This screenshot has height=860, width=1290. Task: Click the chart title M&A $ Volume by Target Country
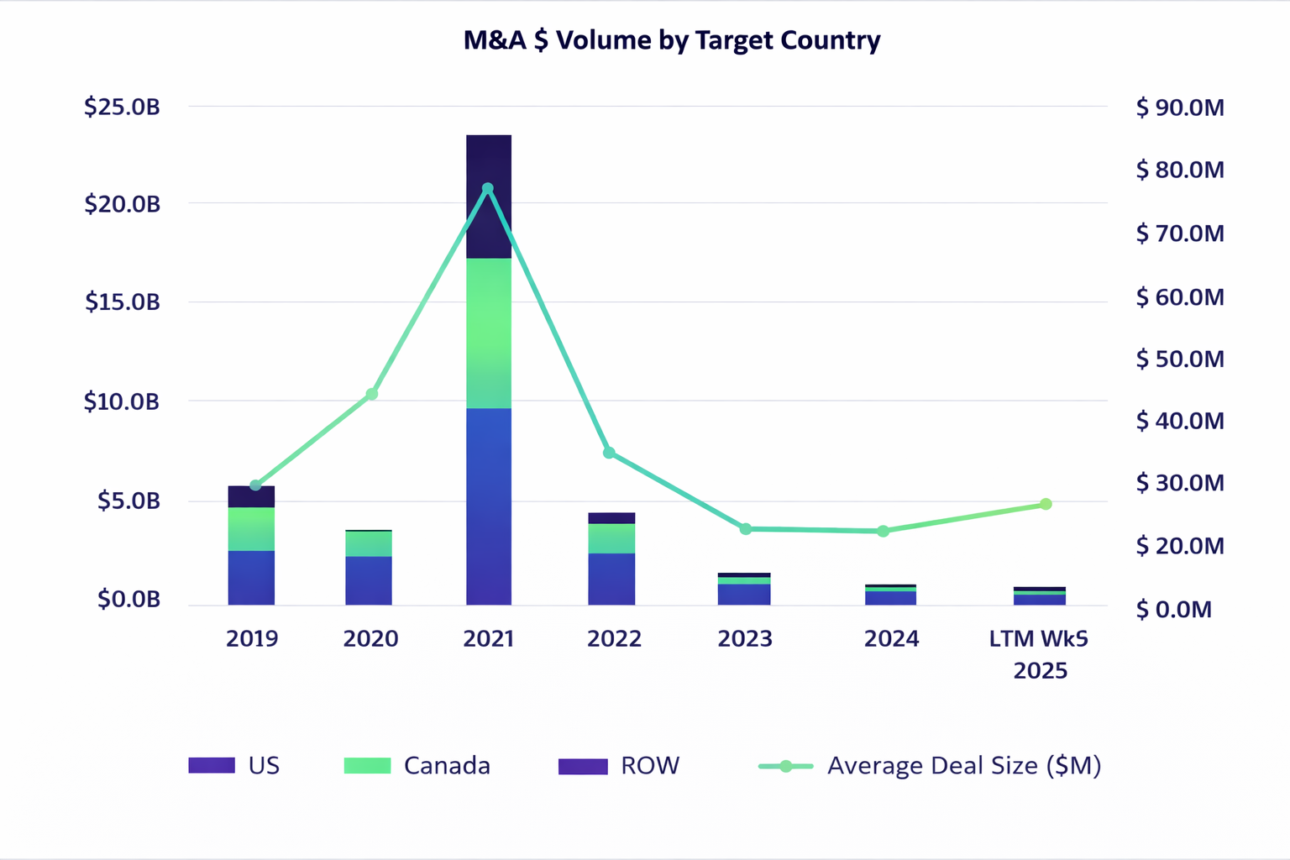point(672,40)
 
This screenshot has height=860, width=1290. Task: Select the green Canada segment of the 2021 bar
point(489,333)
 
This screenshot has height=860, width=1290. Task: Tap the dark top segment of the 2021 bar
point(489,197)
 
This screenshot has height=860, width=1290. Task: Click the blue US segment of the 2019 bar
point(251,577)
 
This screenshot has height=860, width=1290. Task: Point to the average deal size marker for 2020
point(372,394)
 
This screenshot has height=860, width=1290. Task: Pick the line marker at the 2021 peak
point(488,188)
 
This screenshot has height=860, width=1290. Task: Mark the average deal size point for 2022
point(609,453)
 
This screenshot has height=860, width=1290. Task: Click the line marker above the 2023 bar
point(746,529)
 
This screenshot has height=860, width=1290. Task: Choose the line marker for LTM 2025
point(1046,504)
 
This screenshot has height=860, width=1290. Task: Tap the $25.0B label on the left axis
point(122,107)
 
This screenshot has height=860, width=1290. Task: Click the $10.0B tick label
point(122,401)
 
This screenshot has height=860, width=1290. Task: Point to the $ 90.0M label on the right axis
point(1180,107)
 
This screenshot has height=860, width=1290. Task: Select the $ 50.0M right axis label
point(1180,359)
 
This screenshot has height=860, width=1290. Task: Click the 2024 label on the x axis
point(891,639)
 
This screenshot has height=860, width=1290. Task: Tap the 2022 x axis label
point(614,639)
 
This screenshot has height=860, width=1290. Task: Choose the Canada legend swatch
point(367,766)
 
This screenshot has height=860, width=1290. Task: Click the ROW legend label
point(650,766)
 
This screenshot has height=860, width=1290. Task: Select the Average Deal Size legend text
point(963,766)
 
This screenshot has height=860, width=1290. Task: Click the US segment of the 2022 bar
point(611,579)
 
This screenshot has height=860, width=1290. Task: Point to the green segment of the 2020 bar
point(369,543)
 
